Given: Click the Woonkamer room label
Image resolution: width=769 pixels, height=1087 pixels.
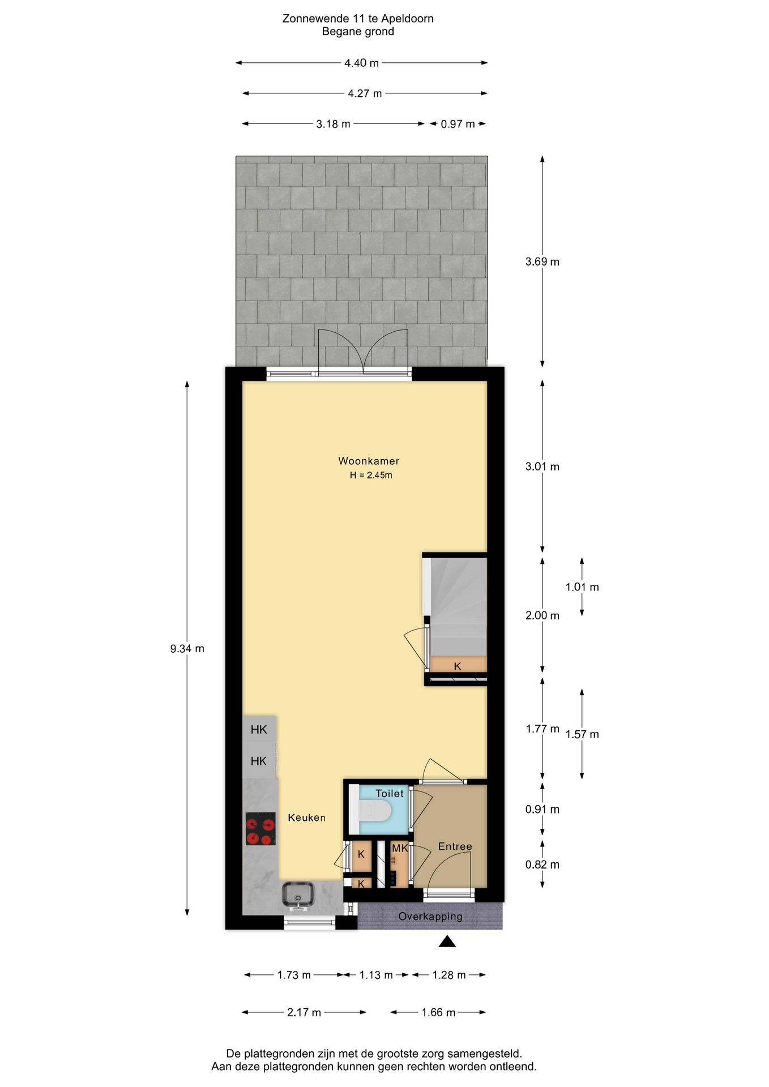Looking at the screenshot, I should [x=369, y=461].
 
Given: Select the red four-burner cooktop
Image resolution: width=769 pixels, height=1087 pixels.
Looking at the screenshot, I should [x=260, y=829].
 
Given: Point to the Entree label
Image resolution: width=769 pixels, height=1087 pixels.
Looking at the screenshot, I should [x=455, y=846].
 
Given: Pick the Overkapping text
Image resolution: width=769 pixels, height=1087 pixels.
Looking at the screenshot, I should [x=430, y=916].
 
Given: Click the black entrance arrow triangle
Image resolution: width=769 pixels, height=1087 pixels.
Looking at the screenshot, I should [x=447, y=942].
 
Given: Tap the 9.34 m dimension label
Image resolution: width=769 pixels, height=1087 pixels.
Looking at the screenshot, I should [x=187, y=649].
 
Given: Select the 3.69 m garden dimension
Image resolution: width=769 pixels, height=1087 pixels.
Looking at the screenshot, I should [x=542, y=262].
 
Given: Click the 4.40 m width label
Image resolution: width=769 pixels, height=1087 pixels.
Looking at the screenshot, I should [x=361, y=63].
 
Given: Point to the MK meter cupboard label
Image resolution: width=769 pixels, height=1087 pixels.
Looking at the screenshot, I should [x=400, y=848].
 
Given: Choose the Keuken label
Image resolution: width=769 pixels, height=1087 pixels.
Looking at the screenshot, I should [x=306, y=818].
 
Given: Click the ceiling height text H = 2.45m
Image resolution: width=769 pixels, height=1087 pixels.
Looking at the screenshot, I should [x=371, y=476].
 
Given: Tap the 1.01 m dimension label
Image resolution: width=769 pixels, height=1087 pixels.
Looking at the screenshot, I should [x=582, y=587].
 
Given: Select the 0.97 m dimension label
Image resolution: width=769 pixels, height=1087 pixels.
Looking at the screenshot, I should [x=458, y=124].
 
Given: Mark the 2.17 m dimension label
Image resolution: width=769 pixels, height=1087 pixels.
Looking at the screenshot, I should [x=304, y=1012].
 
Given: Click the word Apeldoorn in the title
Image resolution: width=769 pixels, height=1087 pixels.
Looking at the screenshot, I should [x=407, y=19].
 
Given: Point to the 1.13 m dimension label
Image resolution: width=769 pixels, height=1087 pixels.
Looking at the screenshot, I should [x=376, y=975].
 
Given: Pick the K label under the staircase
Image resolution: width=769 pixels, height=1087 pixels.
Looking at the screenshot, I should [x=458, y=666].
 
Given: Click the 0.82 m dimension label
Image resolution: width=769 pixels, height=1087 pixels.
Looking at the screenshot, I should [x=542, y=865].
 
